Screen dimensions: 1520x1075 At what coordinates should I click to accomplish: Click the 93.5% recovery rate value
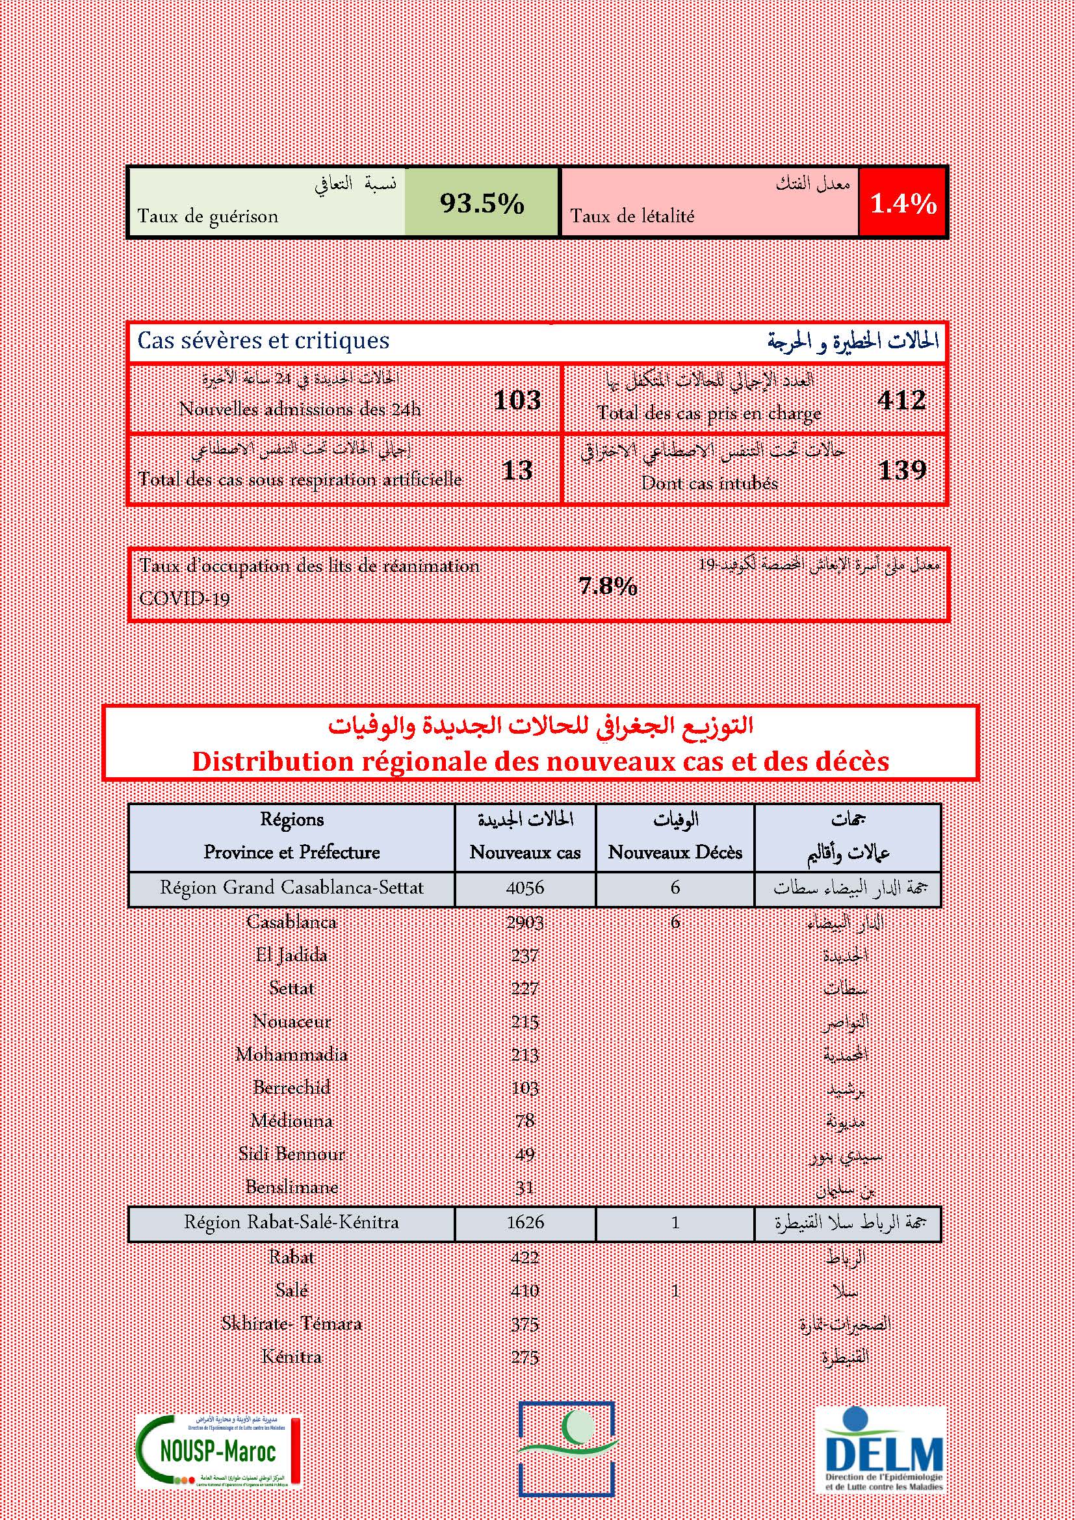[482, 203]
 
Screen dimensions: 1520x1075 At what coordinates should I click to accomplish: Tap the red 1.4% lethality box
[903, 203]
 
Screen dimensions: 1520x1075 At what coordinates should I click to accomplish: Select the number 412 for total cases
[901, 400]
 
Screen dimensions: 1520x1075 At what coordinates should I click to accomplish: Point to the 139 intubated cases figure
[901, 470]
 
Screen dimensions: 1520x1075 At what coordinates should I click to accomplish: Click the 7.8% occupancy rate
[608, 586]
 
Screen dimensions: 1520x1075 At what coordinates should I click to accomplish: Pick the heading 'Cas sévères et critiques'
[263, 341]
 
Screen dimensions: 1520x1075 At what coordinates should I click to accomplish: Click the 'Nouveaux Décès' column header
[675, 852]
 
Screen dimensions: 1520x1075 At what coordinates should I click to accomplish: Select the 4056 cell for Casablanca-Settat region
[525, 887]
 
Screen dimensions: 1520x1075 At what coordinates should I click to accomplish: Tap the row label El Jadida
[291, 955]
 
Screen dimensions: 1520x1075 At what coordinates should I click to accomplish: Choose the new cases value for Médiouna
[525, 1120]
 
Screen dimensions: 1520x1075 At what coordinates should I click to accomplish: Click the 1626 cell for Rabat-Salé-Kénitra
[525, 1222]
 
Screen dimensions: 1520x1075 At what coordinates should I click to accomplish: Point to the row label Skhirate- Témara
[291, 1323]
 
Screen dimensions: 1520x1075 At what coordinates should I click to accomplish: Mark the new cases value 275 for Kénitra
[525, 1356]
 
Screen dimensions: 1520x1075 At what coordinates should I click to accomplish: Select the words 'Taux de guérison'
[208, 216]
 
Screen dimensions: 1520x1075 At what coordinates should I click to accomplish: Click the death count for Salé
[675, 1289]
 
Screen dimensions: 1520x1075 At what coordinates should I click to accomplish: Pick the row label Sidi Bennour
[291, 1153]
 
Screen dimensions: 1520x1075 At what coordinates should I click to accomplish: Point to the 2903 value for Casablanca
[525, 921]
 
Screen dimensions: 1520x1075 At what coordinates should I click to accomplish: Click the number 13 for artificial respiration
[517, 470]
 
